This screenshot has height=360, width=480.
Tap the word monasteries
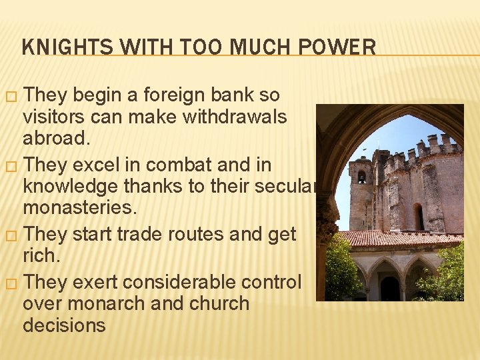(x=80, y=208)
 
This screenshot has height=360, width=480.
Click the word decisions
(x=64, y=325)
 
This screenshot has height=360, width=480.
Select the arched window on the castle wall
(x=419, y=217)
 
